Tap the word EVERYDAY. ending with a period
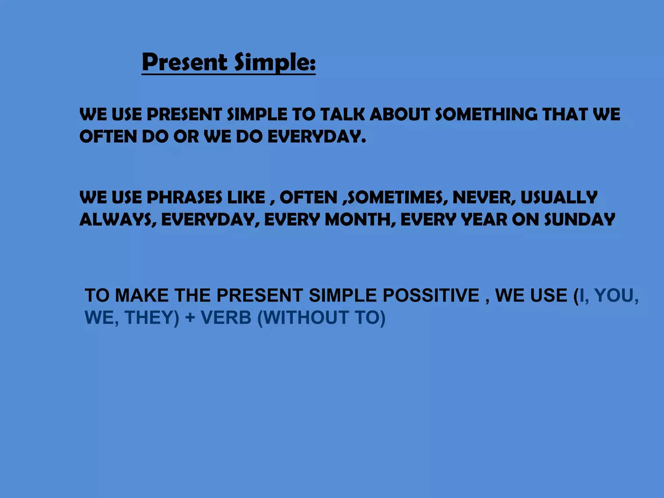click(x=316, y=137)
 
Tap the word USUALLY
click(x=559, y=197)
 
